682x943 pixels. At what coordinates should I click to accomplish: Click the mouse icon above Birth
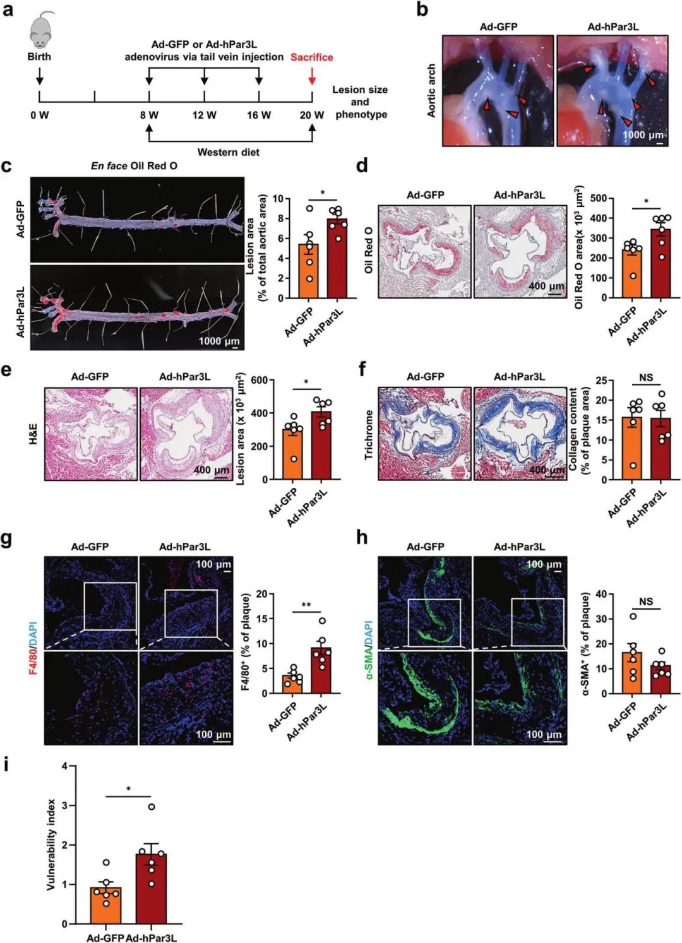point(41,30)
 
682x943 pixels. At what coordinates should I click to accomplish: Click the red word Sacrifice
point(311,57)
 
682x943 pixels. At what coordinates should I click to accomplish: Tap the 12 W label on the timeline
point(204,116)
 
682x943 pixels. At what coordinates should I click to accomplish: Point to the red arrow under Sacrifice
point(312,76)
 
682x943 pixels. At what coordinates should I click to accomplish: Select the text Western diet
point(228,152)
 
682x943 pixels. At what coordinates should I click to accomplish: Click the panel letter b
point(422,10)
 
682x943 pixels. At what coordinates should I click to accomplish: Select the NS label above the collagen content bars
point(646,377)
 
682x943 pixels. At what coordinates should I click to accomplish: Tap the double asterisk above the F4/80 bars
point(306,606)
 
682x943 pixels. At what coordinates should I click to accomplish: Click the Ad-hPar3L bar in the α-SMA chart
point(661,679)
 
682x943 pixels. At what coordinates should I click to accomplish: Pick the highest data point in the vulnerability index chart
point(152,807)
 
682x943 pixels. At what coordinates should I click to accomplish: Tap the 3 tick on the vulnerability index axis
point(64,806)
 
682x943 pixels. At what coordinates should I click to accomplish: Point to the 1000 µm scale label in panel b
point(643,136)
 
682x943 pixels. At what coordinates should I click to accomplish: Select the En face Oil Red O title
point(134,166)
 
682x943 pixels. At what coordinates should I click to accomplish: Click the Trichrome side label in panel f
point(369,434)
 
